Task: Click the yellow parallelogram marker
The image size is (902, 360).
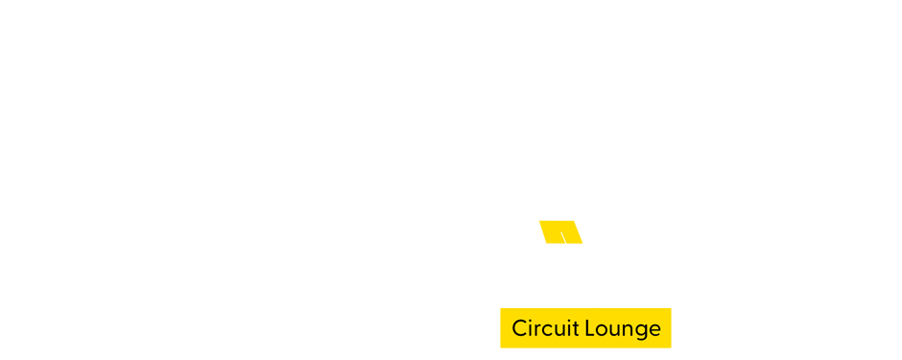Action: pyautogui.click(x=560, y=231)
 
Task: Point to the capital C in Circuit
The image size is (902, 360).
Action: pyautogui.click(x=519, y=328)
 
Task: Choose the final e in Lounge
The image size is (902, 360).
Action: pyautogui.click(x=653, y=329)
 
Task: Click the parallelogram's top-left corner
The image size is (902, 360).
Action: pyautogui.click(x=537, y=221)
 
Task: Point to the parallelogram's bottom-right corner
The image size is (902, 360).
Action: pyautogui.click(x=583, y=243)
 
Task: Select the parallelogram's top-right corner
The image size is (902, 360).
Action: pyautogui.click(x=574, y=221)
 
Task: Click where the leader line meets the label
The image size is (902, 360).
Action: pyautogui.click(x=594, y=307)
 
